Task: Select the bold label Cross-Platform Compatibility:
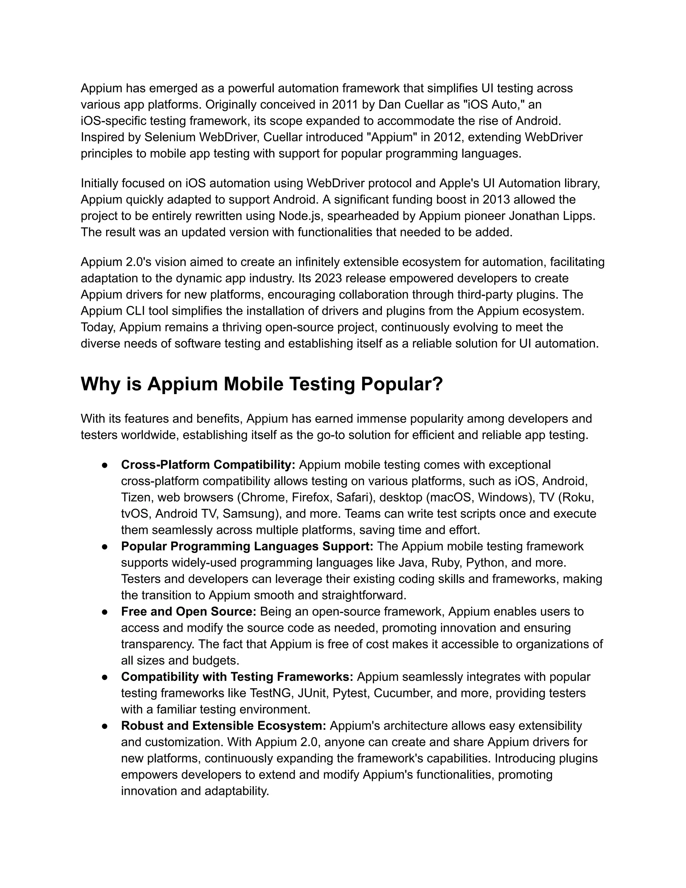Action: click(x=208, y=464)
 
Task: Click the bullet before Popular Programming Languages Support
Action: click(x=105, y=547)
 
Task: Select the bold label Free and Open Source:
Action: click(x=189, y=611)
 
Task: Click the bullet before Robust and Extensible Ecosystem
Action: click(x=105, y=726)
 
